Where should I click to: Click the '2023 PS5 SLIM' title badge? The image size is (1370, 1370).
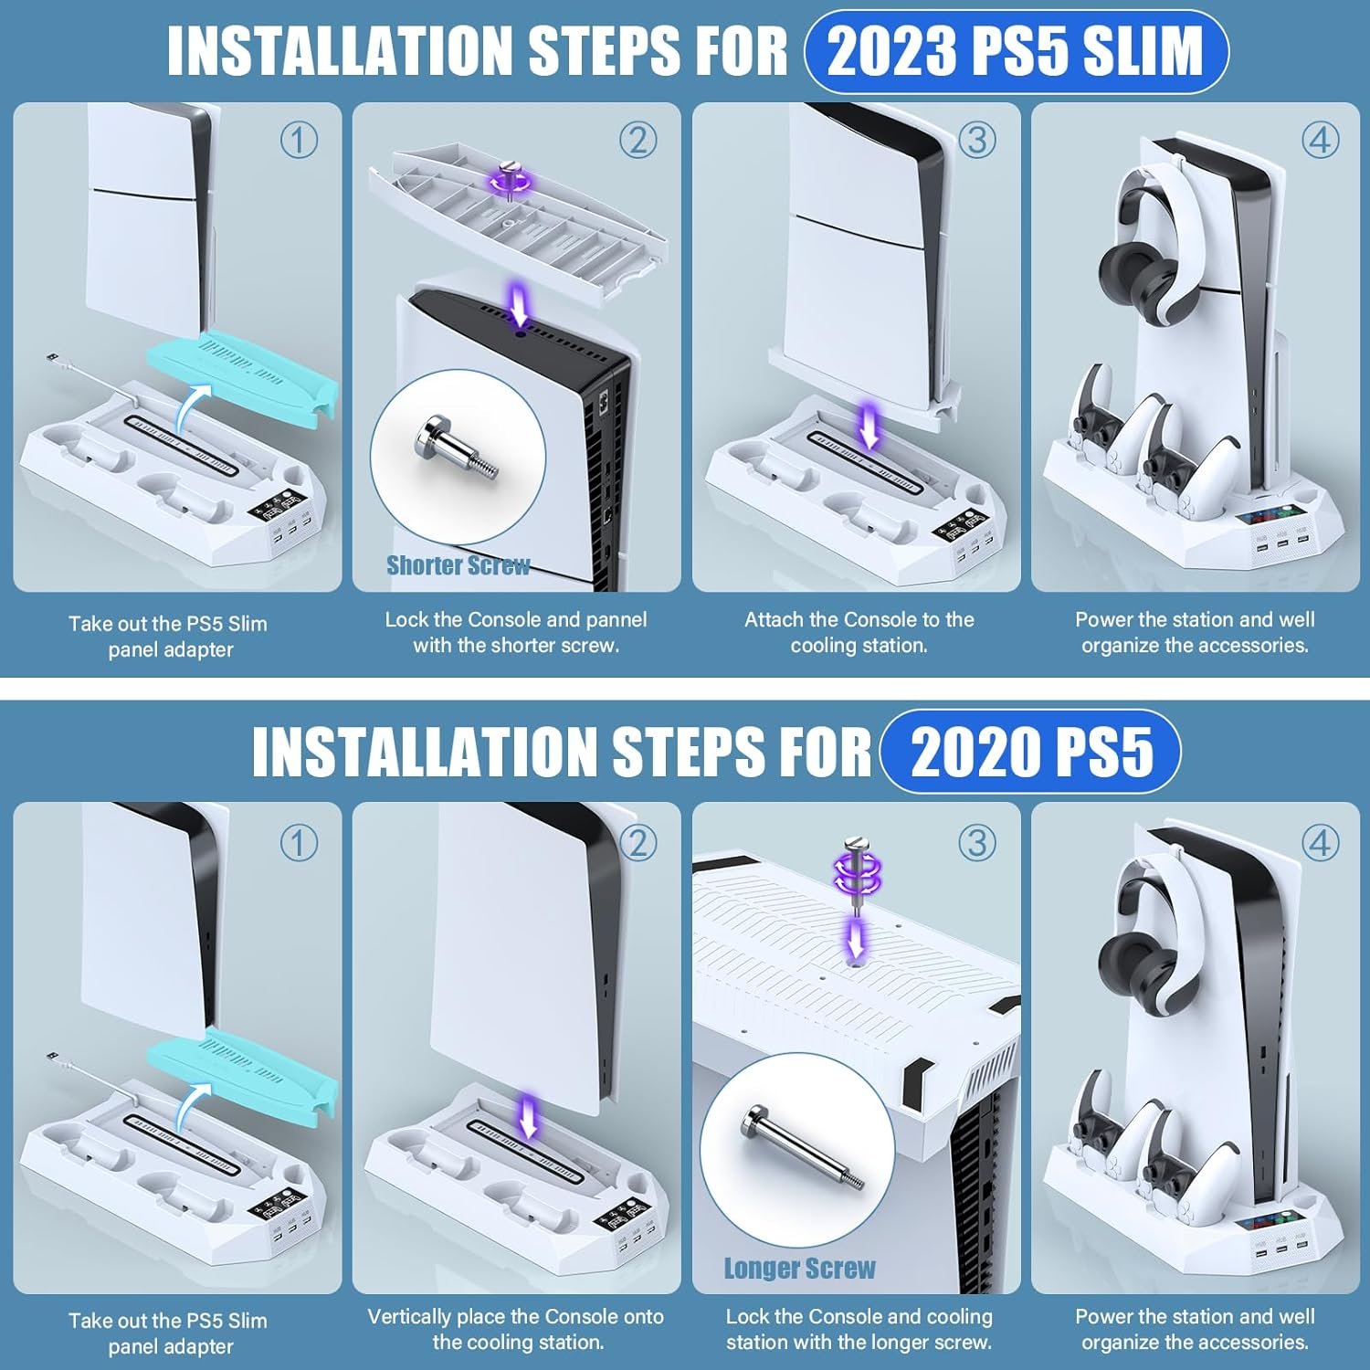(1016, 51)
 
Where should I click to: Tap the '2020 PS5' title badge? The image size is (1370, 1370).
(1031, 752)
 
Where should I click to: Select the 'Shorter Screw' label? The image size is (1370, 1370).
(458, 565)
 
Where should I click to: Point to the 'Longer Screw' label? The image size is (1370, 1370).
(799, 1269)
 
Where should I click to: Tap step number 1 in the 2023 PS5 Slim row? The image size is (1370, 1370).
(299, 140)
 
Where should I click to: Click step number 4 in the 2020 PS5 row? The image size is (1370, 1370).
(1320, 842)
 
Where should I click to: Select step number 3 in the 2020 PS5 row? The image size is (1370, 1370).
(976, 842)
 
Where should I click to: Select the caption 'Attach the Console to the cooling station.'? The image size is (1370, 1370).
(859, 632)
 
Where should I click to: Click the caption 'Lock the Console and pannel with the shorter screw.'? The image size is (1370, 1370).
(516, 632)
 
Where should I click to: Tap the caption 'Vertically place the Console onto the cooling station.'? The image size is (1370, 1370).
(516, 1329)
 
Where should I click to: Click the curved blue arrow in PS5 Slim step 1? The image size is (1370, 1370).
(188, 407)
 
